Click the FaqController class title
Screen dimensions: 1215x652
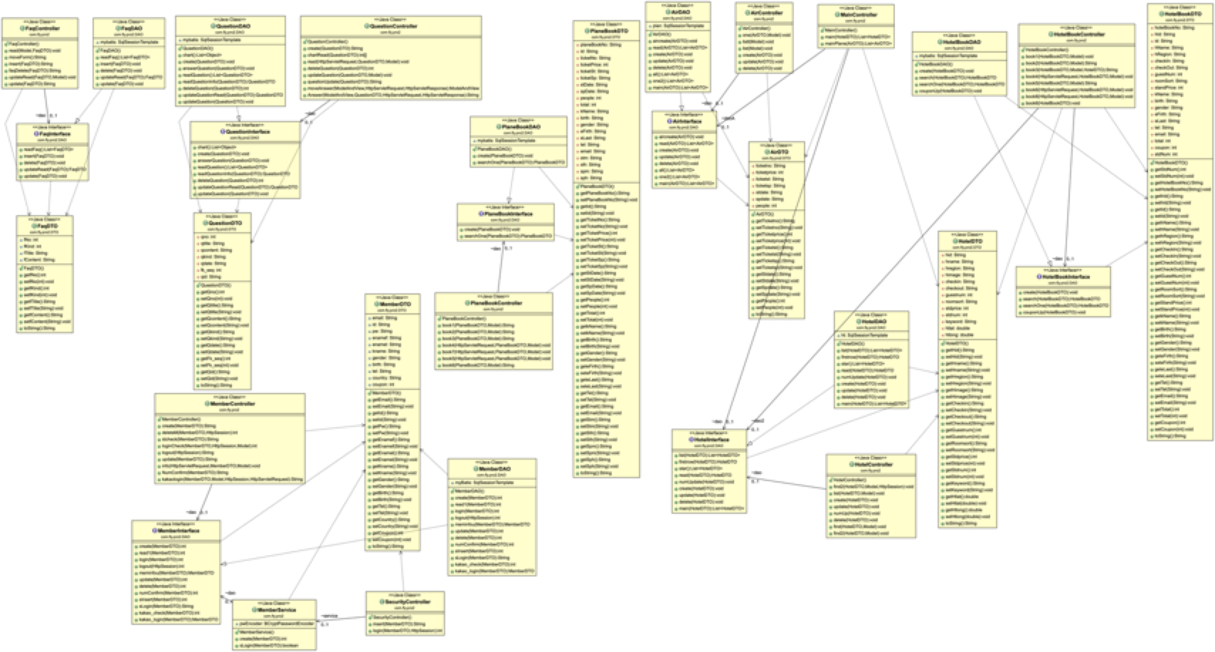[41, 28]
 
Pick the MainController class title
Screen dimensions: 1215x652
[858, 14]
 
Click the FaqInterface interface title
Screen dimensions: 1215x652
[53, 134]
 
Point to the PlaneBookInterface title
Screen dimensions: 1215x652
[507, 214]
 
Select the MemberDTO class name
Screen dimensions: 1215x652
[392, 304]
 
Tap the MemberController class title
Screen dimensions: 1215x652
[230, 404]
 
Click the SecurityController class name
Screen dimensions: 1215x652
[405, 601]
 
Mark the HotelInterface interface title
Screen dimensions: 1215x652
[710, 439]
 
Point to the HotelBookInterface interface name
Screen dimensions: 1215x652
[1063, 276]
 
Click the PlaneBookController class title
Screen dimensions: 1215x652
[493, 303]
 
